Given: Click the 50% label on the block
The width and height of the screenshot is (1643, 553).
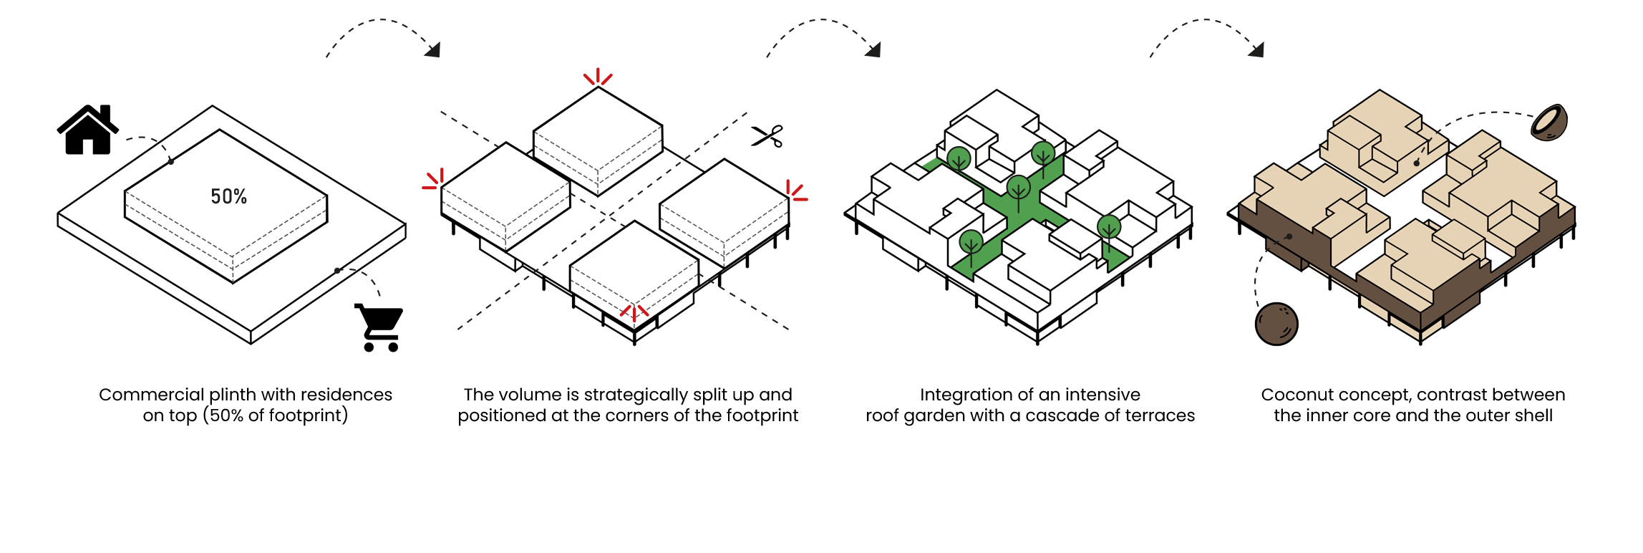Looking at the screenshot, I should tap(228, 197).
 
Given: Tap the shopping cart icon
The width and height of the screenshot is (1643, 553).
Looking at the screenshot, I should tap(381, 327).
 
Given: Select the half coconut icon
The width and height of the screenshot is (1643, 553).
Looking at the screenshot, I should tap(1549, 122).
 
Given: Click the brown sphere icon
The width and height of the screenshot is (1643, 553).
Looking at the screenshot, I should tap(1276, 324).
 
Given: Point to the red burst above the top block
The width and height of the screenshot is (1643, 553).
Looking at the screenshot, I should tap(598, 77).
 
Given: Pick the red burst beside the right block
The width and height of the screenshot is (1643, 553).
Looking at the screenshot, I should tap(795, 191).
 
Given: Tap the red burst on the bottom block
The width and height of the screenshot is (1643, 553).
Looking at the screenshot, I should tap(634, 312).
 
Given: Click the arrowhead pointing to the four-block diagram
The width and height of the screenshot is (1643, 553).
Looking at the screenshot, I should tap(432, 49).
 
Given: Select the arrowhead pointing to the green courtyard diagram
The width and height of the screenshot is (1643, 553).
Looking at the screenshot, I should tap(873, 49).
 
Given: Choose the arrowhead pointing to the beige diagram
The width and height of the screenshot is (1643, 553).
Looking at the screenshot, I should tap(1256, 49).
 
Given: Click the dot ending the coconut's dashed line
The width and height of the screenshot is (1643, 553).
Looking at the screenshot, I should tap(1416, 163).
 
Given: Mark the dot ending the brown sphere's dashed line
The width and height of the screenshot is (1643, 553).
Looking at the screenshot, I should tap(1289, 236).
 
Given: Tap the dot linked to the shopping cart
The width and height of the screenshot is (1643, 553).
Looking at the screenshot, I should tap(337, 271).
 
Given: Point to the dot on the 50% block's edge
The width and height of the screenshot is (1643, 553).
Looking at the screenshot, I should tap(171, 161).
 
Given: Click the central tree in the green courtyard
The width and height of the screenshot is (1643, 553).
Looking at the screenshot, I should tap(1018, 188).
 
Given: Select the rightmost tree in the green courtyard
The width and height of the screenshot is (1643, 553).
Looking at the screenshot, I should tap(1108, 228).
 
